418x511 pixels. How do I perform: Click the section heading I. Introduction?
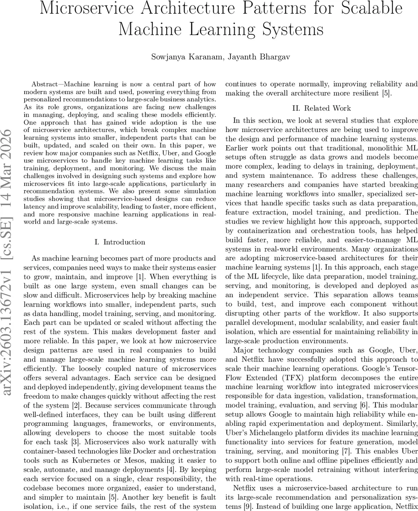pos(119,242)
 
